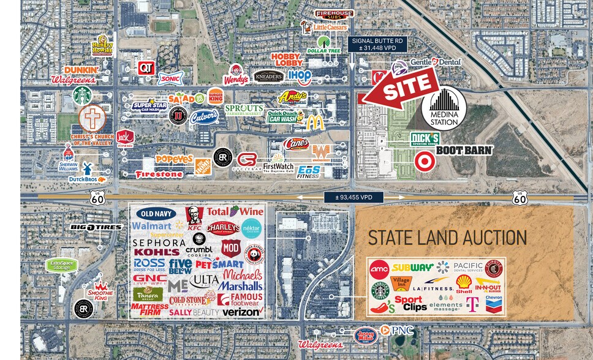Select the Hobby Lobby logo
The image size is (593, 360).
tap(287, 59)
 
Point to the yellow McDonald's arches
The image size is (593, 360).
tap(315, 122)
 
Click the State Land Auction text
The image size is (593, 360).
tap(447, 238)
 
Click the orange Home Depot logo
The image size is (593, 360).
tap(203, 165)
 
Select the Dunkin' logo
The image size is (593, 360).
tap(81, 70)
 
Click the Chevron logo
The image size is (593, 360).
tap(494, 304)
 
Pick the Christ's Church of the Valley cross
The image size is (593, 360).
tap(93, 118)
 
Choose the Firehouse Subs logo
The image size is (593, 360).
tap(334, 14)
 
